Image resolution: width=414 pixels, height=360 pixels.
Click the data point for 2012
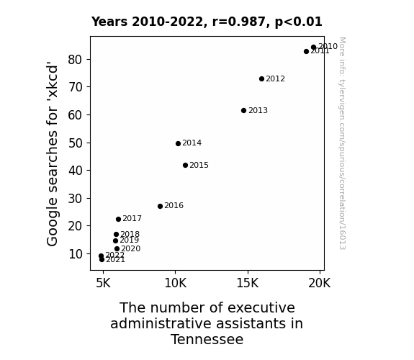coord(261,78)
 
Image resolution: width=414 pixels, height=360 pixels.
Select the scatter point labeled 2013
coord(243,110)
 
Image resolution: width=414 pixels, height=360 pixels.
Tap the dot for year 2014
coord(179,143)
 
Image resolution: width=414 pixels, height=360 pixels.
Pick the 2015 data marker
coord(185,165)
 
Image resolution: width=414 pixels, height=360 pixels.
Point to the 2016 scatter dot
coord(160,206)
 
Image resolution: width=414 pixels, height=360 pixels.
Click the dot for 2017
coord(118,219)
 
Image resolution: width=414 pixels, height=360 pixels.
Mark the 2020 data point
coord(117,248)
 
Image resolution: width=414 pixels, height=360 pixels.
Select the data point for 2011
coord(306,51)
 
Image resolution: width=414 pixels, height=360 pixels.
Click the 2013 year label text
coord(258,110)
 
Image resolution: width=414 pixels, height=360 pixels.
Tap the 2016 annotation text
coord(174,205)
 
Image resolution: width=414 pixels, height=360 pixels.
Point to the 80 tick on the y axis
coord(75,60)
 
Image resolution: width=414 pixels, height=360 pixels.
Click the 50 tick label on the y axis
coord(75,143)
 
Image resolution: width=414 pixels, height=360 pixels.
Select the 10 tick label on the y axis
coord(76,254)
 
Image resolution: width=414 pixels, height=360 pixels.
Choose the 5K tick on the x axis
coord(103,283)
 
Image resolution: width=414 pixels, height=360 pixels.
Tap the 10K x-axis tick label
coord(175,283)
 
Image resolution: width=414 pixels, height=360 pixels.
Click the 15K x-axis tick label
coord(248,283)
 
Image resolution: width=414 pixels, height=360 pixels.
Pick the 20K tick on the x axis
coord(320,283)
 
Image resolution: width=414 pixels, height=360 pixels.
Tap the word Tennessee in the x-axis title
coord(207,339)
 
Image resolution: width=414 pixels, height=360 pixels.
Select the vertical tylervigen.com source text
coord(342,143)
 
